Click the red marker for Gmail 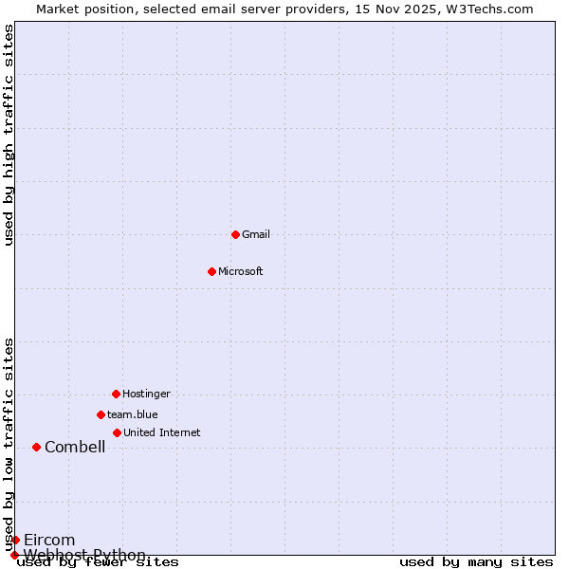(x=235, y=234)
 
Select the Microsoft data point (x=211, y=271)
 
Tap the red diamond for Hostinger (x=116, y=394)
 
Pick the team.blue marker (x=101, y=414)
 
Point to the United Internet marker (x=117, y=432)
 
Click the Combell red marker (x=36, y=447)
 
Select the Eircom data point (x=15, y=540)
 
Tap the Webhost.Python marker (x=14, y=555)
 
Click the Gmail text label (x=256, y=234)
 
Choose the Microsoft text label (x=241, y=271)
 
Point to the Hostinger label (x=146, y=394)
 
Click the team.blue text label (x=133, y=414)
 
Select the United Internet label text (x=162, y=432)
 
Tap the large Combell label (x=75, y=448)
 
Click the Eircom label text (x=49, y=541)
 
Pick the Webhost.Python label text (x=84, y=555)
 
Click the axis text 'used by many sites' (x=476, y=562)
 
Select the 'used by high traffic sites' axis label (x=9, y=135)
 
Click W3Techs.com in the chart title (x=489, y=9)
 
